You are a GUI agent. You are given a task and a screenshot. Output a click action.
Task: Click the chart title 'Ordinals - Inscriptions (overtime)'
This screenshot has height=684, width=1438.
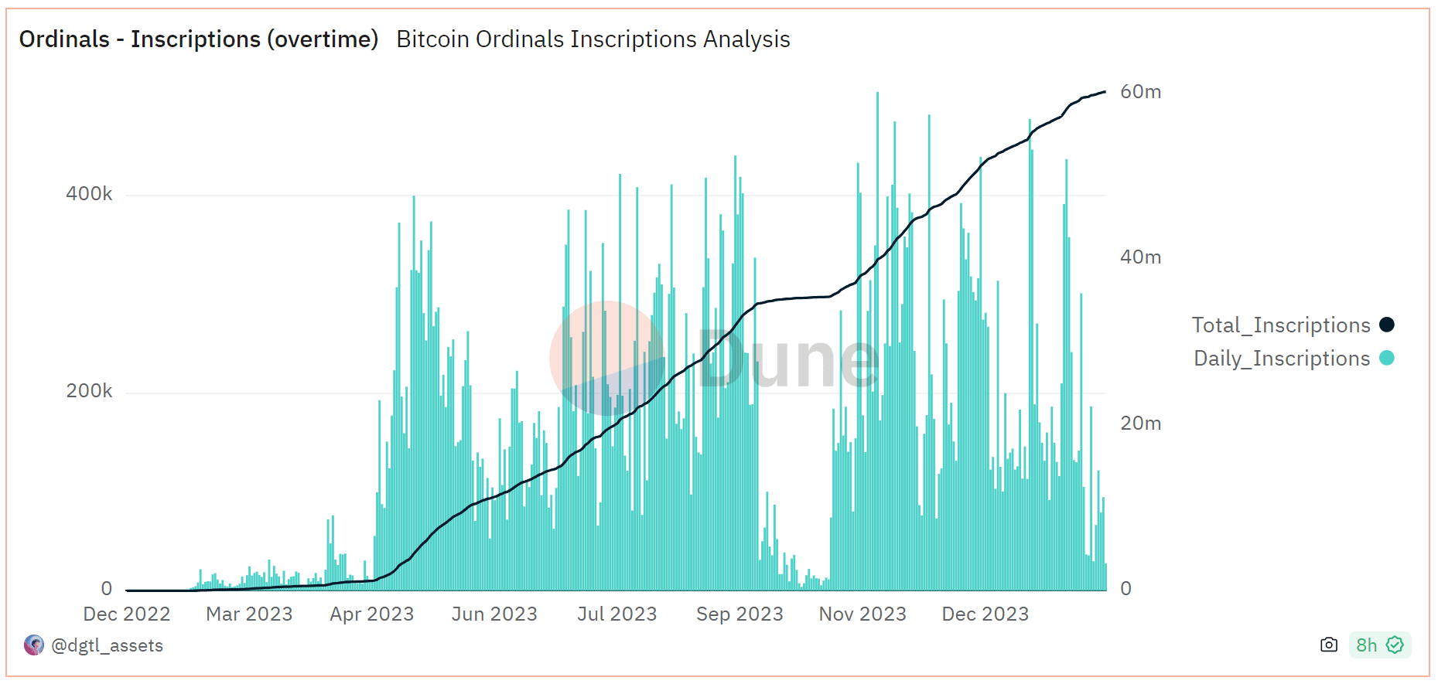pos(199,39)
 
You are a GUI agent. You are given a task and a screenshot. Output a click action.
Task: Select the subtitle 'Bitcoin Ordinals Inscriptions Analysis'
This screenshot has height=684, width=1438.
pos(593,39)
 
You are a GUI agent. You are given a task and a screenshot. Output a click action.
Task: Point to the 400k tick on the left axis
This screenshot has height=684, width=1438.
pos(89,194)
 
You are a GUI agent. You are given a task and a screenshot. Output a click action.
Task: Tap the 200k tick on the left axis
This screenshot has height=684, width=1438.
pos(89,391)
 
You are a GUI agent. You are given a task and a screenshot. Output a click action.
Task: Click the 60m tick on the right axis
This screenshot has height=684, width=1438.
pos(1140,92)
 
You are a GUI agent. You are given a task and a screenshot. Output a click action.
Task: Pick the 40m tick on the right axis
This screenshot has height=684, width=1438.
pos(1140,257)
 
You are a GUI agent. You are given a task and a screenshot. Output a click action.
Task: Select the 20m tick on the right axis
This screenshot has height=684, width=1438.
pos(1140,424)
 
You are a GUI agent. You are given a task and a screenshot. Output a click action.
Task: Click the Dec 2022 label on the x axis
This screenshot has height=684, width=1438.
pos(127,614)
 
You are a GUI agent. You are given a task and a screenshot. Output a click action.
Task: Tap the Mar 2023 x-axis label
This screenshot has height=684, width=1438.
pos(249,614)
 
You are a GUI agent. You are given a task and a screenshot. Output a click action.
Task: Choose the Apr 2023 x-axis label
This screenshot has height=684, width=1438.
pos(372,614)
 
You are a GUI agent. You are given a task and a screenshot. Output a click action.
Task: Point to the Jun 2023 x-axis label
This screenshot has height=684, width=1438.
pos(494,614)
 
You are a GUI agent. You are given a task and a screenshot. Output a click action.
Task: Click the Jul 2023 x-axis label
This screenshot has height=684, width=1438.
pos(617,614)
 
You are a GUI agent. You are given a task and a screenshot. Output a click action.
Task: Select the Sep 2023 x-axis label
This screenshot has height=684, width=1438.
pos(739,614)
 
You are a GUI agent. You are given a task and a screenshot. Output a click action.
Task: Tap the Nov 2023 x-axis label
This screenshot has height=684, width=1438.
pos(862,614)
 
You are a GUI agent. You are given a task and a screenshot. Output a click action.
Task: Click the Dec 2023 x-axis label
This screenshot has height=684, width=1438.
pos(985,614)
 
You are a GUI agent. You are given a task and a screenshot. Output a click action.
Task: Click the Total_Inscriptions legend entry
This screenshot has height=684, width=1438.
pos(1281,325)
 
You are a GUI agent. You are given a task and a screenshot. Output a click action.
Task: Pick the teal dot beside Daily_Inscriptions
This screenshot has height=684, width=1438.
pos(1387,358)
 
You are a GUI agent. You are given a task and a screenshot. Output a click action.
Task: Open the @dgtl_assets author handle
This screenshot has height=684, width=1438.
pos(107,645)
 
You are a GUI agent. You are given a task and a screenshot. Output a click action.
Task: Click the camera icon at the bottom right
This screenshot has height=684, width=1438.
pos(1329,645)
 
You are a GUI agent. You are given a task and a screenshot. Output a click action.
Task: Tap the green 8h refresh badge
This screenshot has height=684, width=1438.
pos(1379,645)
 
